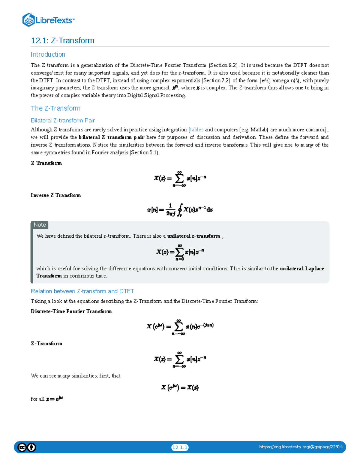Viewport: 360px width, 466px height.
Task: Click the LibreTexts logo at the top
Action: point(48,20)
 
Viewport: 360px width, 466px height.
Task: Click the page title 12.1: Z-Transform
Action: point(62,41)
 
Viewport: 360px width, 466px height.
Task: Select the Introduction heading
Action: point(48,54)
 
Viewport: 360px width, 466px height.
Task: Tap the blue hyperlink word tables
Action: point(197,130)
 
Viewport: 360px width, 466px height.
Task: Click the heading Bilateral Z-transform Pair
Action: point(63,120)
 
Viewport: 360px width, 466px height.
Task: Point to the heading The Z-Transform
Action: point(55,108)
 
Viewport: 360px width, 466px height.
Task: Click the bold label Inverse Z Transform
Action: point(56,195)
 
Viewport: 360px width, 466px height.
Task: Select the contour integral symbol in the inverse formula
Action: point(180,209)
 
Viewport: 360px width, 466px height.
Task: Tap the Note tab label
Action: point(40,225)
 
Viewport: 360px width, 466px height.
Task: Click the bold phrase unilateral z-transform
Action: point(194,236)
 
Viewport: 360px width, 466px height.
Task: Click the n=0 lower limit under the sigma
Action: point(180,259)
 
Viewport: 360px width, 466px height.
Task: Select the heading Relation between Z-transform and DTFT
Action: point(82,291)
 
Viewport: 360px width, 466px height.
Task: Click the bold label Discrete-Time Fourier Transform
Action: point(71,311)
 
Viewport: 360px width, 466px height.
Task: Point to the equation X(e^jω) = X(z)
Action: point(180,387)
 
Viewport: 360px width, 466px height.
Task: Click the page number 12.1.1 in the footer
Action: point(180,447)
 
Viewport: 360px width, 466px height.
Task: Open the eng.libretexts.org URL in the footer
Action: point(301,447)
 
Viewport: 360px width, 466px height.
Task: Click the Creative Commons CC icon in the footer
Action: point(22,447)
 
